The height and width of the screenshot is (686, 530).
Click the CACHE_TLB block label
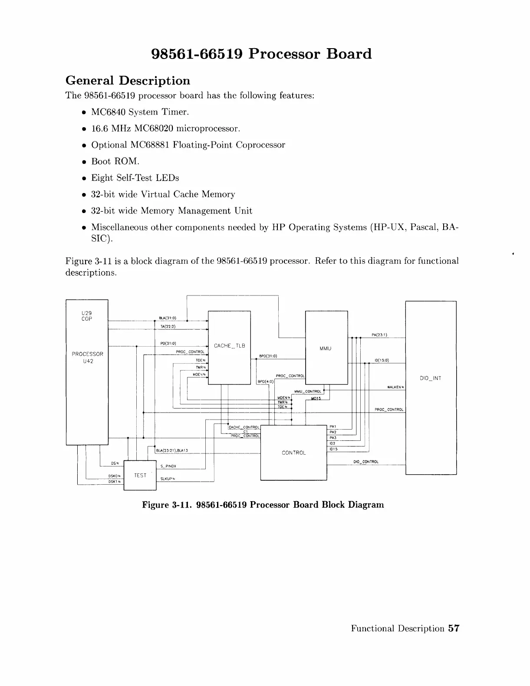click(229, 346)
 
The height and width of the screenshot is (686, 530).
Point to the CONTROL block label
click(293, 453)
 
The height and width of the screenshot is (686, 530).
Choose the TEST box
click(140, 475)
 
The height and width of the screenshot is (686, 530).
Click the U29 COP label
click(87, 316)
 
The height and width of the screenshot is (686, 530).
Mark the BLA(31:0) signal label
click(168, 318)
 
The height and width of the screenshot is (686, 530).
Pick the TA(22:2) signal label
click(168, 327)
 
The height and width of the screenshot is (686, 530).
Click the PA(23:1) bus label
click(379, 335)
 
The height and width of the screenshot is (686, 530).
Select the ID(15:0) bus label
click(382, 360)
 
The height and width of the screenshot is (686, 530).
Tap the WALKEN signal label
click(395, 387)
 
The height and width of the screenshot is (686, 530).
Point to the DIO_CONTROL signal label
click(366, 462)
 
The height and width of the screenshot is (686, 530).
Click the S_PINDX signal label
click(168, 466)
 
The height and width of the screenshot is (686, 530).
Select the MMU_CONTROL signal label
click(307, 391)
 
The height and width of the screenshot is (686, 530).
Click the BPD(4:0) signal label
click(265, 382)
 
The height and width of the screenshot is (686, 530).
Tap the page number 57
click(454, 628)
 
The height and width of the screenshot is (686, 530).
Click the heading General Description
click(128, 81)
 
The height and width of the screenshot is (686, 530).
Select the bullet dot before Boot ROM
click(83, 162)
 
